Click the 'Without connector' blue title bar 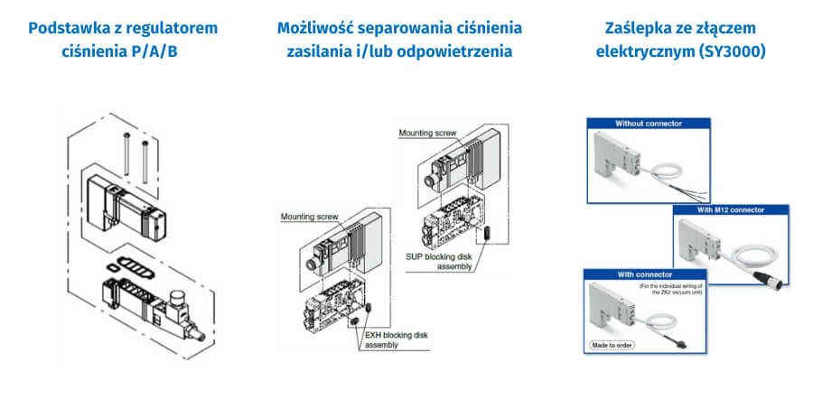point(648,123)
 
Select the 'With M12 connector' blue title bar point(729,209)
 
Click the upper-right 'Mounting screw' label point(428,133)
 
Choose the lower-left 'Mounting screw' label point(309,217)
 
